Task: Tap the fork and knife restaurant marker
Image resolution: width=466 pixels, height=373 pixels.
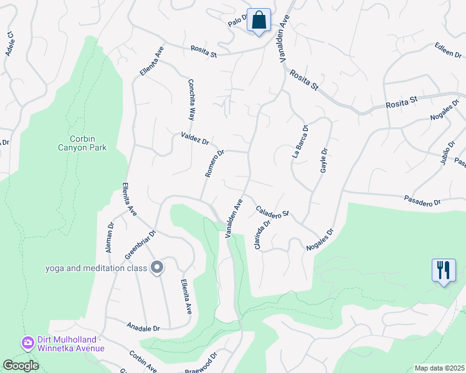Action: click(x=444, y=270)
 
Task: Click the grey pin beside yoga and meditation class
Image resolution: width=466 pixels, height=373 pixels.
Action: click(x=157, y=268)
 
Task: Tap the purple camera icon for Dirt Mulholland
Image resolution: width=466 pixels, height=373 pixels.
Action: click(x=27, y=343)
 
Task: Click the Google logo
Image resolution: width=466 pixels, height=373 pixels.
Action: click(x=21, y=366)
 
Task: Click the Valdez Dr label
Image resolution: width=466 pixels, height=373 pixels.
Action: click(x=194, y=138)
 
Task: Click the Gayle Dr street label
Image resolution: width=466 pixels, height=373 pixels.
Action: click(x=323, y=161)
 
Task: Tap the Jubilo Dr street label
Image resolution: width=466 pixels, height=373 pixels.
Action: click(x=444, y=153)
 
